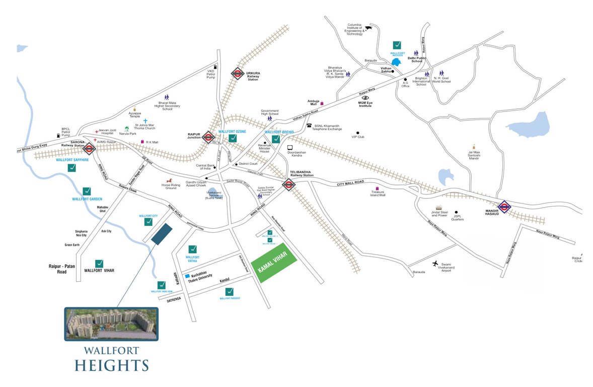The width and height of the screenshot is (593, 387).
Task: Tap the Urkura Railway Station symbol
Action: point(238,74)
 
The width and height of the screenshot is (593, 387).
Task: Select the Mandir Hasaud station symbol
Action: point(504,206)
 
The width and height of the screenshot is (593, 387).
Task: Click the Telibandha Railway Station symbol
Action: point(288,185)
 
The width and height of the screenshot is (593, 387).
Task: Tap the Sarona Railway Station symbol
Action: point(90,148)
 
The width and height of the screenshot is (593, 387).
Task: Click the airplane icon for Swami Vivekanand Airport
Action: point(435,264)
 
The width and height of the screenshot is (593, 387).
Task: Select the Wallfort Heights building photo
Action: point(111,324)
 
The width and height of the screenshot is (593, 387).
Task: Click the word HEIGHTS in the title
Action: point(112,365)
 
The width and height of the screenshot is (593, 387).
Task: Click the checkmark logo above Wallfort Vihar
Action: point(99,264)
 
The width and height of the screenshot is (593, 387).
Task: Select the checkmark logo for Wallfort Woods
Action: point(397,45)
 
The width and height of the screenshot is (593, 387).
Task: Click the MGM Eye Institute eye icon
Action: point(365,98)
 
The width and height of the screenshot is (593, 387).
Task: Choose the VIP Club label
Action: point(358,137)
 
